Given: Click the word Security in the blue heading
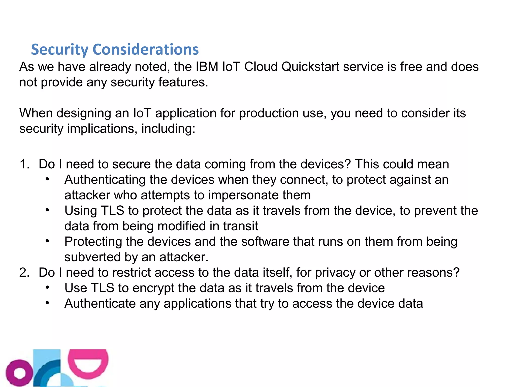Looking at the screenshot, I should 59,50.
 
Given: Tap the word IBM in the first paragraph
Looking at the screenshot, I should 207,67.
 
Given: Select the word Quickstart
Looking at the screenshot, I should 310,67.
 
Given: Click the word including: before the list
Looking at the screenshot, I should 168,129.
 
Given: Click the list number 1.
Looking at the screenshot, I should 24,164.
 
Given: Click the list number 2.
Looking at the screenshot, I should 24,273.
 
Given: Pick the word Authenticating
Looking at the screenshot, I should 105,180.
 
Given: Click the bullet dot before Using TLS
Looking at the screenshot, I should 47,210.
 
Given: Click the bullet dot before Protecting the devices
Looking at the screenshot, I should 47,241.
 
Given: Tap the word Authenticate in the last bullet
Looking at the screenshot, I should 100,304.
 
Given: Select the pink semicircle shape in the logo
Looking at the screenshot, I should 88,363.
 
